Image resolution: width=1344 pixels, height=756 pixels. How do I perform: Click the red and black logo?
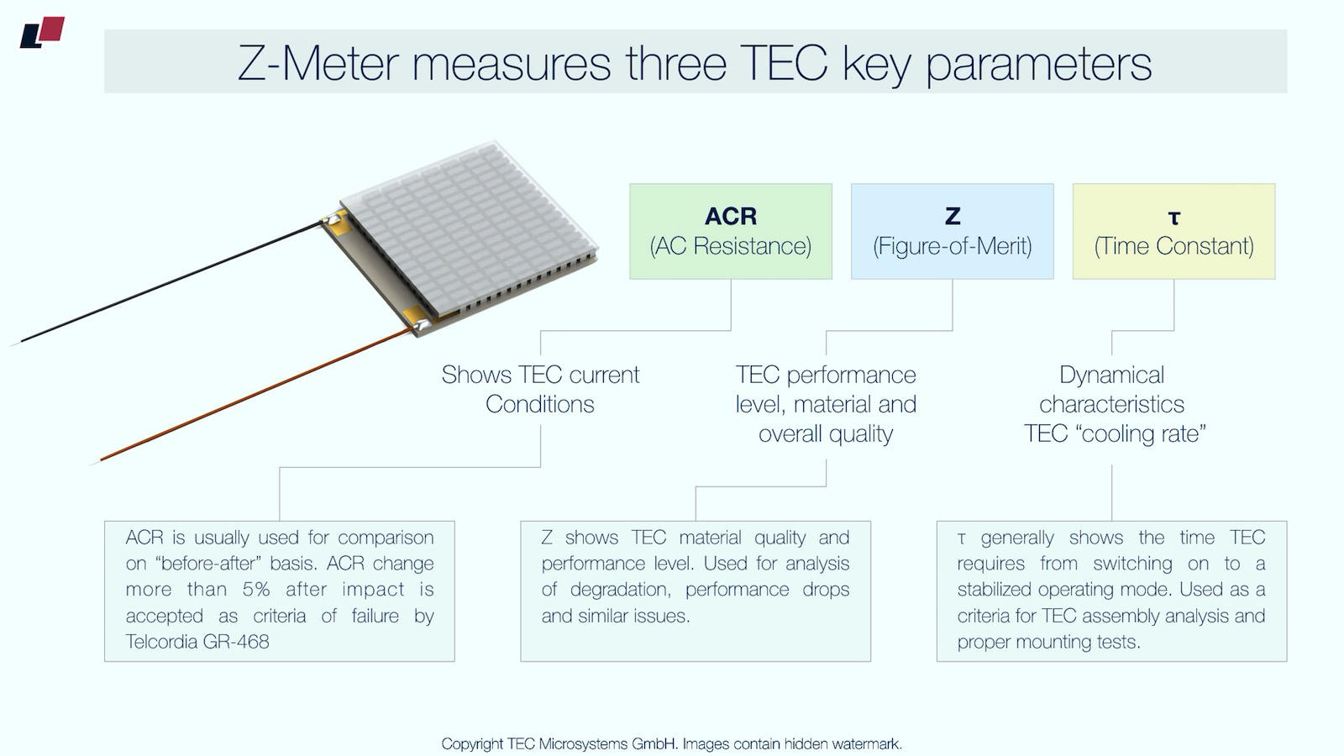point(42,32)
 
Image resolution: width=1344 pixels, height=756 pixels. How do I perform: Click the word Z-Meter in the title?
point(318,63)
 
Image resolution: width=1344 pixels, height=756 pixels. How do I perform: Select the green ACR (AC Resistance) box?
point(731,231)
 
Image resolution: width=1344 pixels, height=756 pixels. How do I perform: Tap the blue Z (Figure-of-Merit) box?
point(952,231)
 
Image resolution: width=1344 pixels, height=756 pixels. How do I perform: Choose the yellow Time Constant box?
point(1173,231)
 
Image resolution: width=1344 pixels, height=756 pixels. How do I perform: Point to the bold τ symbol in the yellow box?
point(1173,218)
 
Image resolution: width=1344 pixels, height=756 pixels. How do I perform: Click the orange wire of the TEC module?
point(252,395)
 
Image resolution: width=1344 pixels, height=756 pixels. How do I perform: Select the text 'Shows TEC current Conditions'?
point(540,389)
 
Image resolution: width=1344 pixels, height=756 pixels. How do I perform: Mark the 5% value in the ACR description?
point(256,590)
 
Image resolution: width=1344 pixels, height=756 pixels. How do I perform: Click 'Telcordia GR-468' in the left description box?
point(197,642)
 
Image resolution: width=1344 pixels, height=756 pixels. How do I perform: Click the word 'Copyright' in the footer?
point(472,743)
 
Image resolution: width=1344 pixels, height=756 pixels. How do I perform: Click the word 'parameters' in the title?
point(1038,63)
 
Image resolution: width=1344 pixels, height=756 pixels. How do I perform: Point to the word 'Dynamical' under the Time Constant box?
point(1111,375)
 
